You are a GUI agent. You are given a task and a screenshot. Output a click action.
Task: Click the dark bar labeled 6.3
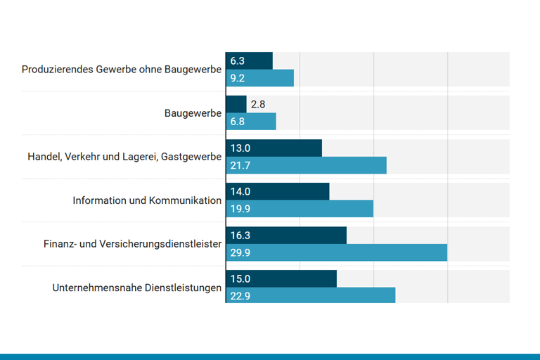point(250,61)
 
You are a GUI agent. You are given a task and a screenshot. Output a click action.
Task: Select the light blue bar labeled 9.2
point(260,78)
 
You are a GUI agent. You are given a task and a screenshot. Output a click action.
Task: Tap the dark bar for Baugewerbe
point(236,105)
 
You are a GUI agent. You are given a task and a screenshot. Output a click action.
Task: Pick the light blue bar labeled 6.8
point(251,122)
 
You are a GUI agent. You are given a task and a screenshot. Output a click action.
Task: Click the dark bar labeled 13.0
point(274,148)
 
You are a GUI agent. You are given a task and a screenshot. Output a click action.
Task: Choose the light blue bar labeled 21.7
point(307,165)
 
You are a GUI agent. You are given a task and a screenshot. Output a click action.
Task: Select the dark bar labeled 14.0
point(278,192)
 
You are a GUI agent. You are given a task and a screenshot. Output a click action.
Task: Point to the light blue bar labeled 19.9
point(300,209)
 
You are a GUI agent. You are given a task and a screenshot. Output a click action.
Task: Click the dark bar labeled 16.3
point(286,236)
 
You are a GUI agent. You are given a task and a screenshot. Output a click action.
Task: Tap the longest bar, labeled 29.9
point(337,252)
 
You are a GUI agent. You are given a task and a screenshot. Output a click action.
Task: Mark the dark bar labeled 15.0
point(281,279)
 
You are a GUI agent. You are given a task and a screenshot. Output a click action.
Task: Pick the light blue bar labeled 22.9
point(311,296)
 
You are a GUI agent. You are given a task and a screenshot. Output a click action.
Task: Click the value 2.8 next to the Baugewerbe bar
point(258,105)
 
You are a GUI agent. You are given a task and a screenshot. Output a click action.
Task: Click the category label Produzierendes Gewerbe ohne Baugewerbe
point(122,70)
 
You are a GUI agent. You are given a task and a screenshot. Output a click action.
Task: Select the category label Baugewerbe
point(193,113)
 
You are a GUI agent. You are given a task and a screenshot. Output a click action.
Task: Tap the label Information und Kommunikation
point(147,200)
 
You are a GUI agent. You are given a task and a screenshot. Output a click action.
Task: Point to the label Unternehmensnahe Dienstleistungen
point(137,288)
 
